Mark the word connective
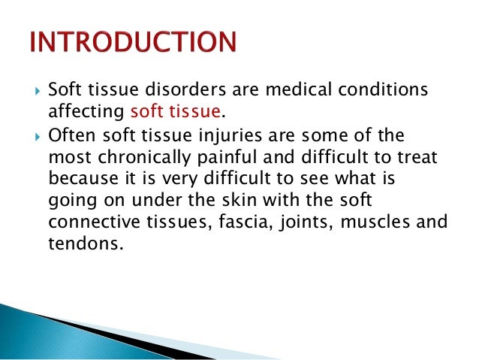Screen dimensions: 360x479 coord(91,222)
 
